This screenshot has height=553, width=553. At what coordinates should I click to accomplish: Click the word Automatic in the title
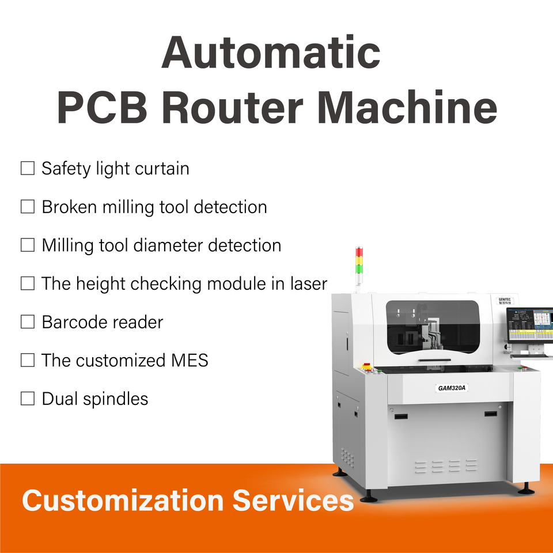click(271, 52)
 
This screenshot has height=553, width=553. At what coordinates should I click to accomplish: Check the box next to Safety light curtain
click(28, 169)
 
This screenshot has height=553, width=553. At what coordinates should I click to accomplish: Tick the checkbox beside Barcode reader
click(28, 322)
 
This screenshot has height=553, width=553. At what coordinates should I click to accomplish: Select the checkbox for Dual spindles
click(28, 398)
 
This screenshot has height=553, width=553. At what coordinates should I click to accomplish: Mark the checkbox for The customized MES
click(28, 360)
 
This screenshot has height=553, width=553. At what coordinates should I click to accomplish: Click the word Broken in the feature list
click(69, 207)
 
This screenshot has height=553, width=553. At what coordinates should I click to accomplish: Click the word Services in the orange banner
click(293, 500)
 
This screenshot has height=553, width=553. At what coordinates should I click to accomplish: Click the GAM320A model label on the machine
click(452, 388)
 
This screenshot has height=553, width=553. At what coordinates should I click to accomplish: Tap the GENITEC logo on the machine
click(506, 300)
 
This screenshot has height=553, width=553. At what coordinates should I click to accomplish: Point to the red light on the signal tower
click(359, 252)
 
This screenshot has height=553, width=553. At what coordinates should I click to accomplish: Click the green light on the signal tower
click(359, 268)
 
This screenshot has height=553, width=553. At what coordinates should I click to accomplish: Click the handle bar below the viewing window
click(435, 360)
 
